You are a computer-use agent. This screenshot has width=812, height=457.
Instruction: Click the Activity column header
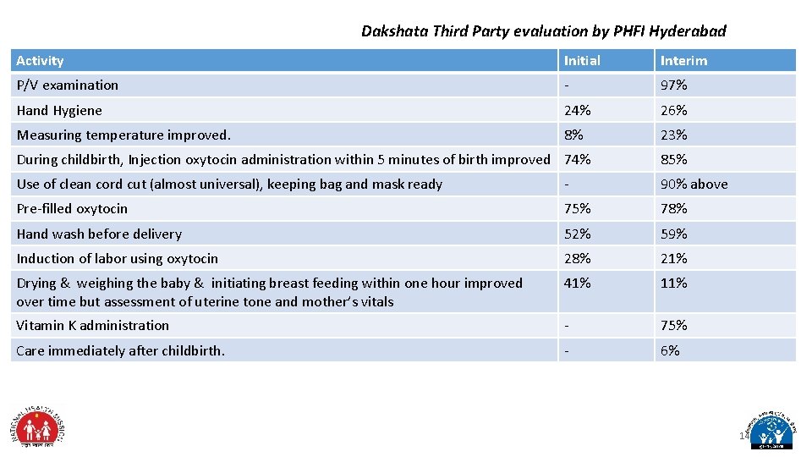tap(41, 61)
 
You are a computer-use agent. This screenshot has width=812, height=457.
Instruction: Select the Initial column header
tap(582, 61)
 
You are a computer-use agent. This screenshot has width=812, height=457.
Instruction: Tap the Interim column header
tap(683, 61)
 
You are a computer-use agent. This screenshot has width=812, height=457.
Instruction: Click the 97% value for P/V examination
tap(673, 85)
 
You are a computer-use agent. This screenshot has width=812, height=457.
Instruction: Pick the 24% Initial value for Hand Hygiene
tap(578, 110)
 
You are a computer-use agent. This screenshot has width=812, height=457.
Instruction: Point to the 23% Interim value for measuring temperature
tap(673, 135)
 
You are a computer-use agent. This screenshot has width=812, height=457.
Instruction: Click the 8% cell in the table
tap(573, 135)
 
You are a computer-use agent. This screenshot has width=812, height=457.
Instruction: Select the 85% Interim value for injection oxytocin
tap(673, 159)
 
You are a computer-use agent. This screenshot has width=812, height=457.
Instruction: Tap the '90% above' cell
tap(694, 184)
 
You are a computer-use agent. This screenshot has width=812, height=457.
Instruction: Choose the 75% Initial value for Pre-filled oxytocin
tap(578, 208)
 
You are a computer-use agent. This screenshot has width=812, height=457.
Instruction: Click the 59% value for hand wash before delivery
tap(673, 234)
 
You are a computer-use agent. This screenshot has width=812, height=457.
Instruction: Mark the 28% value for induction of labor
tap(578, 258)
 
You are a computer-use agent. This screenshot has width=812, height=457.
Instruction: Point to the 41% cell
tap(578, 283)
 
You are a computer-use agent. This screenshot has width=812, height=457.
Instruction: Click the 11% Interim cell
tap(673, 283)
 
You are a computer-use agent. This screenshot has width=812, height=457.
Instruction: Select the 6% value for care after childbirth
tap(669, 350)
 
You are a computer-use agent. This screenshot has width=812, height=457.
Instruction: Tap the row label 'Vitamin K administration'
tap(93, 325)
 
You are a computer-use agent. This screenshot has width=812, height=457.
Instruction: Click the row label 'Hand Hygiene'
tap(59, 110)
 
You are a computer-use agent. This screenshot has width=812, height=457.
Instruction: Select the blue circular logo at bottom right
tap(769, 428)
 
